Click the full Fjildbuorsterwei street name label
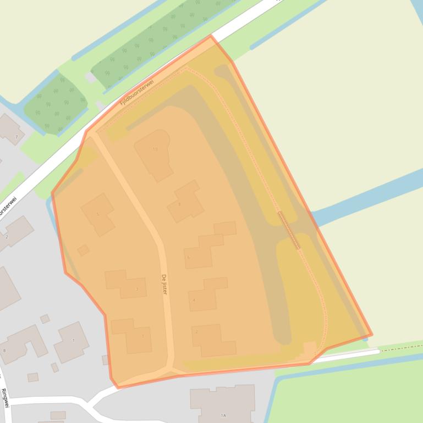[x=137, y=93]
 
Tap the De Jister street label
[x=164, y=284]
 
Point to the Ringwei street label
[x=5, y=398]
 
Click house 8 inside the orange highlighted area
[x=186, y=202]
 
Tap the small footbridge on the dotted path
[x=289, y=230]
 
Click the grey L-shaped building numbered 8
[x=22, y=343]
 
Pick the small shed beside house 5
[x=83, y=251]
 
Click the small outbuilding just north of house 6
[x=224, y=229]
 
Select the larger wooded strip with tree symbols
[x=160, y=38]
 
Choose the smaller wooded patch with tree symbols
[x=55, y=104]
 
